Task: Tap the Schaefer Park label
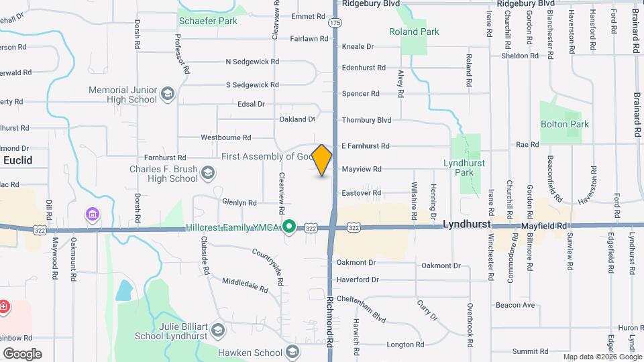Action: [x=208, y=21]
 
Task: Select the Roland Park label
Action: [x=414, y=32]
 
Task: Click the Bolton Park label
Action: [x=564, y=124]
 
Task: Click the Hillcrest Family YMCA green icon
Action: [x=289, y=227]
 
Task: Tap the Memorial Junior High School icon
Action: [x=168, y=95]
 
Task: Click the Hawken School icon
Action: [x=292, y=352]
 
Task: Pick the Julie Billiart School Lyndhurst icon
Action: [x=217, y=330]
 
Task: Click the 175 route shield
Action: [x=334, y=23]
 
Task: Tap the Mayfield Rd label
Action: [x=544, y=227]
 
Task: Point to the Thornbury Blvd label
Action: [x=366, y=120]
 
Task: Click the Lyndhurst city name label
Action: [x=467, y=225]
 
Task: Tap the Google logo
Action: [x=22, y=353]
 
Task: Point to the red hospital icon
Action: [x=4, y=307]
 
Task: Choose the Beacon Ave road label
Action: [x=515, y=305]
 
